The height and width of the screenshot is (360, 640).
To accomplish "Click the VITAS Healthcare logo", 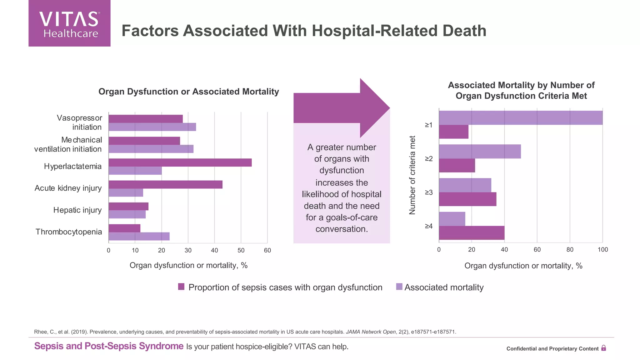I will [69, 23].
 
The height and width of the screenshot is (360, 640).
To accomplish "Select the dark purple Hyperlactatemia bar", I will [180, 162].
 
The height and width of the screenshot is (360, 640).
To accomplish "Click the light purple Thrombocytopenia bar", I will [139, 237].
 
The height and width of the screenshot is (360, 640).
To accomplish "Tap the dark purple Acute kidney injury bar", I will [165, 184].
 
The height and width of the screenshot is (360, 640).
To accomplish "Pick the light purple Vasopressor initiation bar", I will [152, 127].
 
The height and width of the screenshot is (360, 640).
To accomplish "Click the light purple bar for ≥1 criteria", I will [521, 118].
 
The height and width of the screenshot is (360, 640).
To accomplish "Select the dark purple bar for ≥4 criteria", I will [472, 233].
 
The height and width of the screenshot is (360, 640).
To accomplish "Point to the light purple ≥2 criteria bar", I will [480, 152].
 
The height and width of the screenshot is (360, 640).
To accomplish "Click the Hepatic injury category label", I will [77, 210].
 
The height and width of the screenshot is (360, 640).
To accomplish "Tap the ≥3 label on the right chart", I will [429, 192].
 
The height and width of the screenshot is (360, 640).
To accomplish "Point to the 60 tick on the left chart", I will [267, 250].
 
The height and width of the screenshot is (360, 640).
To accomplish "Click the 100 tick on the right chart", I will [602, 250].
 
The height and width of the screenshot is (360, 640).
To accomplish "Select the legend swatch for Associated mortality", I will [399, 287].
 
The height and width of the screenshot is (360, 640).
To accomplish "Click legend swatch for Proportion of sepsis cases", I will [181, 287].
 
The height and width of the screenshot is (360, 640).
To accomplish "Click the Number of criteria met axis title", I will [412, 175].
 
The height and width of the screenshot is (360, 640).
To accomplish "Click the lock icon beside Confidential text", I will [603, 348].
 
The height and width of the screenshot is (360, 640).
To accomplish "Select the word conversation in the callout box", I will [341, 229].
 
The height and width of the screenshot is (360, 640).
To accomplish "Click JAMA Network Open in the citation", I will [371, 332].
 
